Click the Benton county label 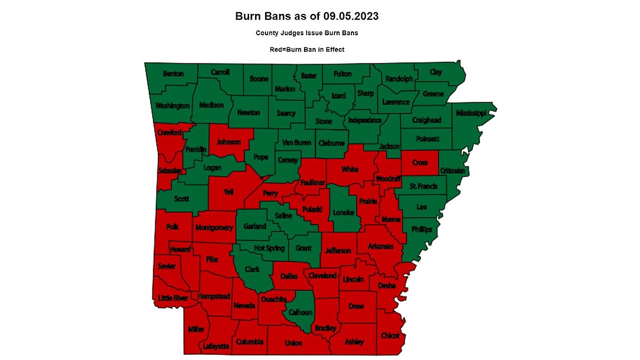point(173,74)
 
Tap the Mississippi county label point(470,113)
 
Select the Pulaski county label point(312,210)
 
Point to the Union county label point(293,343)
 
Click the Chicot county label point(390,335)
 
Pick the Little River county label point(173,298)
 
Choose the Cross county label point(420,162)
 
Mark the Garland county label point(254,226)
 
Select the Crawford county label point(170,132)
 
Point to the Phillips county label point(421,229)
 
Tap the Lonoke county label point(343,212)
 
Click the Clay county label point(436,72)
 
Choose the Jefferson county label point(339,250)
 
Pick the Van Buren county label point(296,142)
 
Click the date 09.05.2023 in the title point(347,16)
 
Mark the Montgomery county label point(214,228)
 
